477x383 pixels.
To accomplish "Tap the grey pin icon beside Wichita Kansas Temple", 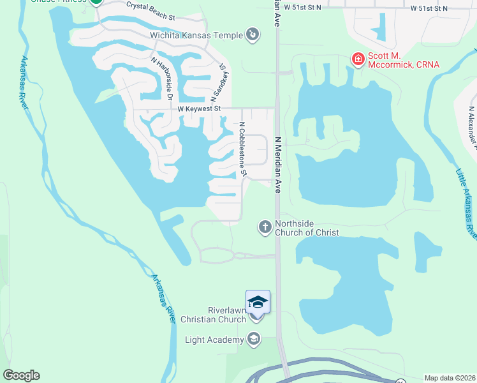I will point(253,34).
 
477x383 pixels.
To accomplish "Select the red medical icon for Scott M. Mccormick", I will point(358,60).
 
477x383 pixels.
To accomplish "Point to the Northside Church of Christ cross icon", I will point(265,227).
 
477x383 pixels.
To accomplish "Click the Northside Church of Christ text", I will point(307,228).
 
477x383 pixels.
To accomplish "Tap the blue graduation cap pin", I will point(258,301).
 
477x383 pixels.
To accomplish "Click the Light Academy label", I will point(214,339).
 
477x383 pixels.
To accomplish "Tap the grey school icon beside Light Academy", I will point(254,339).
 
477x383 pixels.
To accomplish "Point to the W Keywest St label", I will point(198,109).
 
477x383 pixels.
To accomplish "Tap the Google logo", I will point(21,375).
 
